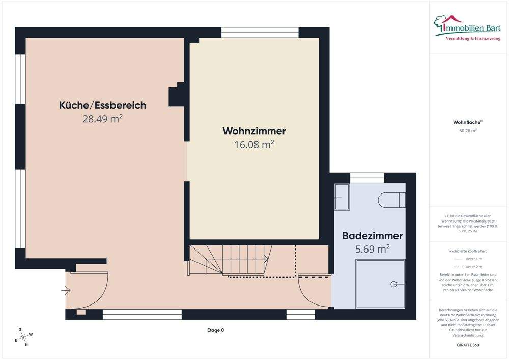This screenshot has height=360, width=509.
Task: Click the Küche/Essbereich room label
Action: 102,105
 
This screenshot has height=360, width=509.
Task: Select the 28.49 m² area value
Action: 102,119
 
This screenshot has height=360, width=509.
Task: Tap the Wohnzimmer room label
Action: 254,131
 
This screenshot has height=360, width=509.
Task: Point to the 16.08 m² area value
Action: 254,145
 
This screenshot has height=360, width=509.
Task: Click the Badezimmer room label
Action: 372,236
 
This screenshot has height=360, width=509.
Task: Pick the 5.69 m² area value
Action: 372,249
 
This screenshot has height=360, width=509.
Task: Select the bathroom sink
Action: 342,197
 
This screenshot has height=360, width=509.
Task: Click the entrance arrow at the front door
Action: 66,291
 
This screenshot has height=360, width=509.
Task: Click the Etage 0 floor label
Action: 215,330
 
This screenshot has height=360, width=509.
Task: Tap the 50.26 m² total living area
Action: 467,131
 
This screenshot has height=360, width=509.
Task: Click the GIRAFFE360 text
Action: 467,345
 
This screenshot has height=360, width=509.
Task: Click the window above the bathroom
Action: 366,178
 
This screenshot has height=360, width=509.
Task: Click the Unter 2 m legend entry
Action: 468,267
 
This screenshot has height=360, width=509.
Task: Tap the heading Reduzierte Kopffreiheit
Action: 467,251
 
